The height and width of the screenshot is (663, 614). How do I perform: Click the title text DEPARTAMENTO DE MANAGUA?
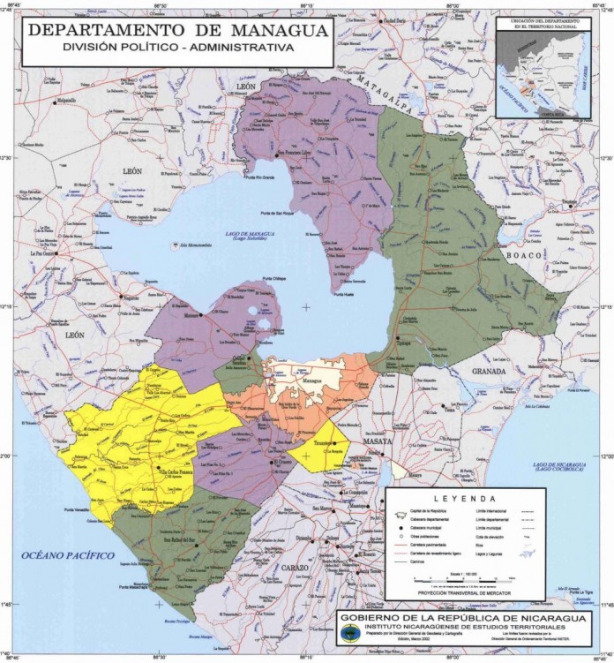(177, 29)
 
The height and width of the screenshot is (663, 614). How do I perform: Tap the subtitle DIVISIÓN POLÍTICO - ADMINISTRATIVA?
(177, 48)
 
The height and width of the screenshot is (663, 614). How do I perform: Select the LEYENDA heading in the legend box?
(465, 499)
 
